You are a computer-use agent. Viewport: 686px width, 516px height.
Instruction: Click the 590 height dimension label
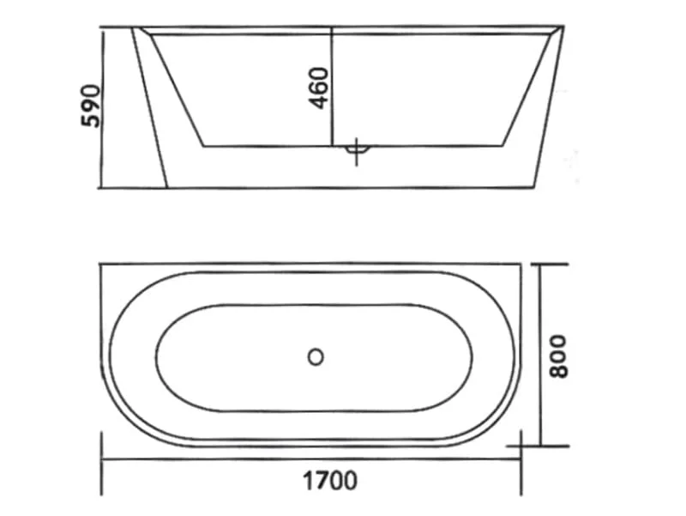(91, 106)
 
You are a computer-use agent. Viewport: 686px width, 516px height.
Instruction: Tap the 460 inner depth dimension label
(318, 88)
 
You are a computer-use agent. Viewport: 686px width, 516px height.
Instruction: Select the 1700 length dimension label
(330, 481)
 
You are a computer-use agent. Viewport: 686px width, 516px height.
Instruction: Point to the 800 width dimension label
(558, 356)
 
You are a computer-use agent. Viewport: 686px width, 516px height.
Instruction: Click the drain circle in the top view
(316, 357)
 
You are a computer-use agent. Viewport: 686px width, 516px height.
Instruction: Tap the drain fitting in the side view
(357, 149)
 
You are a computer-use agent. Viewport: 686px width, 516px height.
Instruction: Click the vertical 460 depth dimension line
(332, 87)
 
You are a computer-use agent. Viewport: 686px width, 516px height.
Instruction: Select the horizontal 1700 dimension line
(311, 459)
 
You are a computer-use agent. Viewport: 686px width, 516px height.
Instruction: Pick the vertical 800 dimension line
(541, 355)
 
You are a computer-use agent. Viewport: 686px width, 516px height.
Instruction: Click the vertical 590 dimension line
(103, 108)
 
